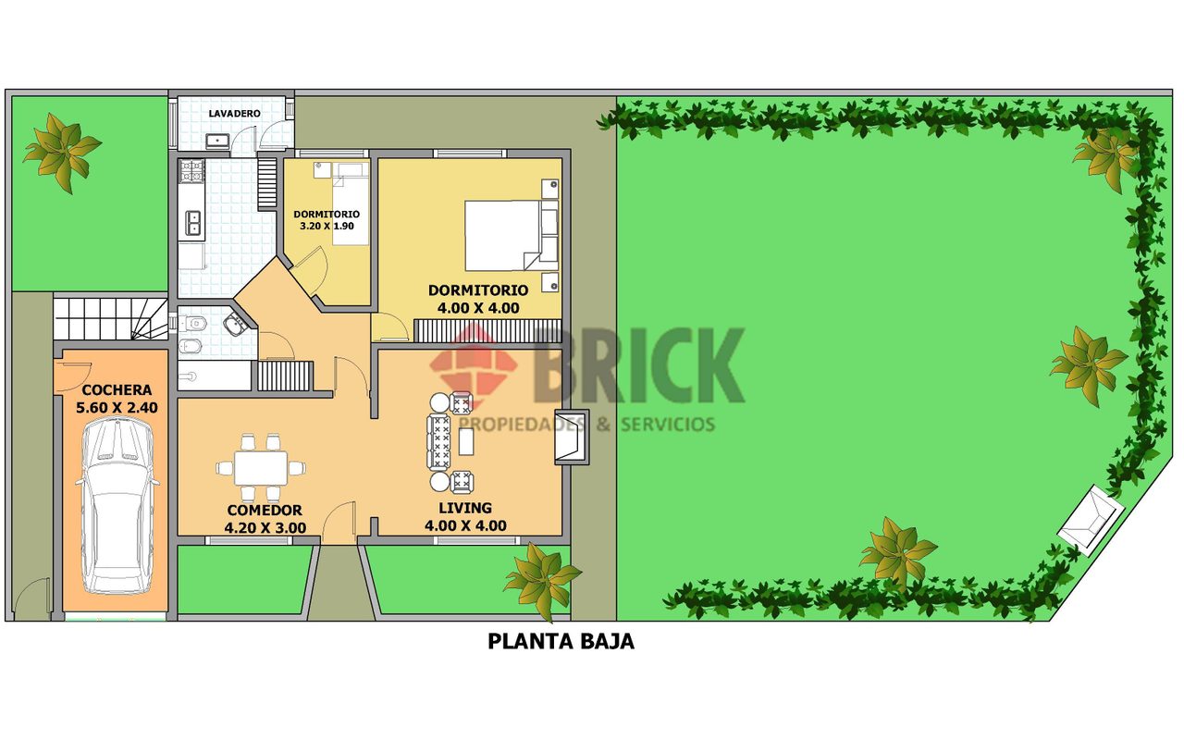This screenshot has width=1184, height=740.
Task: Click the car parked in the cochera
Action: pyautogui.click(x=117, y=505)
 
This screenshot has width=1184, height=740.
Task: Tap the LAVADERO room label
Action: pyautogui.click(x=234, y=114)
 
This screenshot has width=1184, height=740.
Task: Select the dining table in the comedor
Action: pyautogui.click(x=261, y=468)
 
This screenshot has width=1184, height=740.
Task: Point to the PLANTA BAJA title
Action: pyautogui.click(x=561, y=641)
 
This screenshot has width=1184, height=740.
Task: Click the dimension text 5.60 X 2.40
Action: pyautogui.click(x=117, y=408)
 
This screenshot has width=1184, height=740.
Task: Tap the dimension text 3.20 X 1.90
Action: pyautogui.click(x=327, y=227)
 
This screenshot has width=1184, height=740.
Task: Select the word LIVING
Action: pyautogui.click(x=465, y=508)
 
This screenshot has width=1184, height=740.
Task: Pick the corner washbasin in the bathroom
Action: pyautogui.click(x=234, y=324)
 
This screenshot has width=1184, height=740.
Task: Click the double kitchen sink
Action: pyautogui.click(x=192, y=223)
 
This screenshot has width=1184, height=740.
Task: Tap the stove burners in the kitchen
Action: pyautogui.click(x=191, y=172)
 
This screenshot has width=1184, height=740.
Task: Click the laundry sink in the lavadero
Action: pyautogui.click(x=217, y=140)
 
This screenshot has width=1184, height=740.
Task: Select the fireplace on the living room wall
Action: pyautogui.click(x=572, y=438)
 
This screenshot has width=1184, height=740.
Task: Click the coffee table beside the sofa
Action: pyautogui.click(x=466, y=442)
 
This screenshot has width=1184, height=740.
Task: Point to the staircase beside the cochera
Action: pyautogui.click(x=111, y=319)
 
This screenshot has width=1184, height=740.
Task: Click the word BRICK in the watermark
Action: pyautogui.click(x=638, y=365)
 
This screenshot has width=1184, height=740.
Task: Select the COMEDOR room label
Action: pyautogui.click(x=265, y=511)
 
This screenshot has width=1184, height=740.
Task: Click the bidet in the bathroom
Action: pyautogui.click(x=188, y=347)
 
